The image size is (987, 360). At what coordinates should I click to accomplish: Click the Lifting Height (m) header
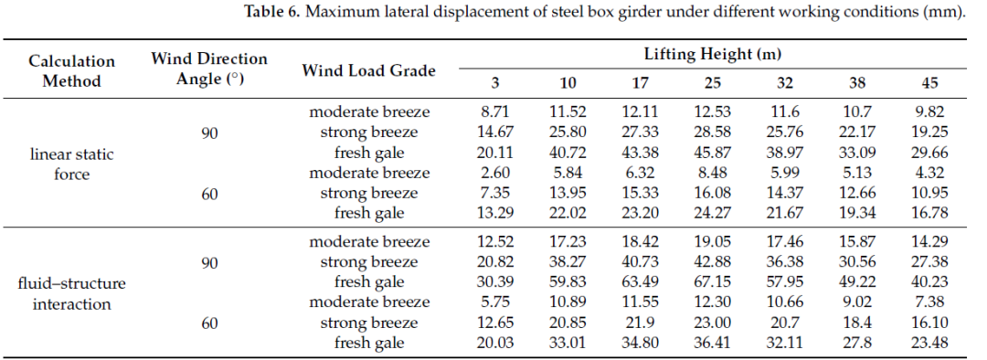pyautogui.click(x=712, y=54)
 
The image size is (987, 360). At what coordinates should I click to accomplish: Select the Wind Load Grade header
pyautogui.click(x=368, y=70)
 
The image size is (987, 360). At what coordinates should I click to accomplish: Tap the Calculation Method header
pyautogui.click(x=72, y=71)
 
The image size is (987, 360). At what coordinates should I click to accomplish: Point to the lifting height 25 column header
pyautogui.click(x=713, y=84)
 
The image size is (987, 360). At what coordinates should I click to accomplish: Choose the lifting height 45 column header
pyautogui.click(x=929, y=84)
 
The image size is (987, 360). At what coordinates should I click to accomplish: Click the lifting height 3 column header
pyautogui.click(x=496, y=84)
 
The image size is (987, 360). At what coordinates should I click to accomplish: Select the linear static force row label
pyautogui.click(x=72, y=164)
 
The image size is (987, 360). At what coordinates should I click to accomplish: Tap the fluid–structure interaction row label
pyautogui.click(x=72, y=294)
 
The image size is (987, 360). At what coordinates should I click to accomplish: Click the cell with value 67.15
pyautogui.click(x=713, y=282)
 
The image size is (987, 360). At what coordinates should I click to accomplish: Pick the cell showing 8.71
pyautogui.click(x=496, y=112)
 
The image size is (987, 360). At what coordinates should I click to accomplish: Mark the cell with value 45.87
pyautogui.click(x=713, y=153)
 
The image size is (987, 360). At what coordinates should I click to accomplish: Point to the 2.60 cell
pyautogui.click(x=496, y=173)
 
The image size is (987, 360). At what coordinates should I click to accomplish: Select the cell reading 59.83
pyautogui.click(x=568, y=282)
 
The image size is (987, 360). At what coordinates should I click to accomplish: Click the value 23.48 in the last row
pyautogui.click(x=929, y=343)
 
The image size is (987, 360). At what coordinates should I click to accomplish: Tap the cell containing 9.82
pyautogui.click(x=929, y=112)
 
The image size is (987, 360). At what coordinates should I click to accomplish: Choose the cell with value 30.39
pyautogui.click(x=496, y=282)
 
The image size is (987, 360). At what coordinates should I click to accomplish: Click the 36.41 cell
pyautogui.click(x=713, y=343)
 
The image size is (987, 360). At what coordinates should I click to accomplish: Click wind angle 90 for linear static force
pyautogui.click(x=209, y=133)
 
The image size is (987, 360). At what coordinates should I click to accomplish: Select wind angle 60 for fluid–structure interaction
pyautogui.click(x=209, y=323)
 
